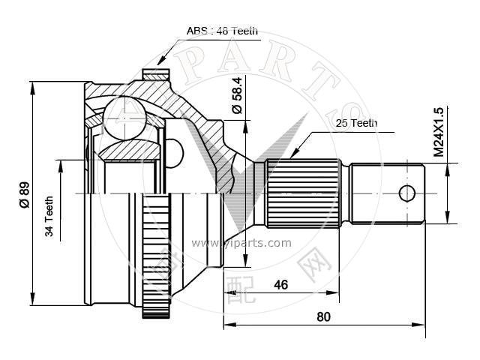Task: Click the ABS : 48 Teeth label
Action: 222,31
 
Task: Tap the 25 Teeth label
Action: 356,123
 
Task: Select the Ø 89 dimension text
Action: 25,195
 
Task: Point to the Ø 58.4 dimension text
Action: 237,95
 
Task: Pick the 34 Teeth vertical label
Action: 49,217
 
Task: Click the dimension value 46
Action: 280,285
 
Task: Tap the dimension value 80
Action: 323,316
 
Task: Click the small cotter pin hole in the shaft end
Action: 406,193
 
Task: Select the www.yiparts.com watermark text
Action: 241,243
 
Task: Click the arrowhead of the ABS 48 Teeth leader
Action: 160,61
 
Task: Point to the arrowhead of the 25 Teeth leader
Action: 293,154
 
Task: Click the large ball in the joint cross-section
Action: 124,118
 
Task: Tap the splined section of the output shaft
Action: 303,193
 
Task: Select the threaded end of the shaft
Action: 387,193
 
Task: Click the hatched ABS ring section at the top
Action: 156,75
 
